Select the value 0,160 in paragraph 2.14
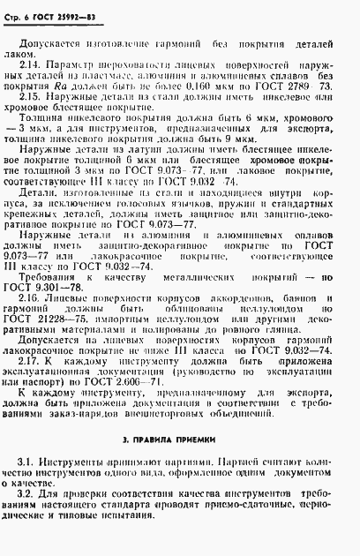pyautogui.click(x=216, y=94)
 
